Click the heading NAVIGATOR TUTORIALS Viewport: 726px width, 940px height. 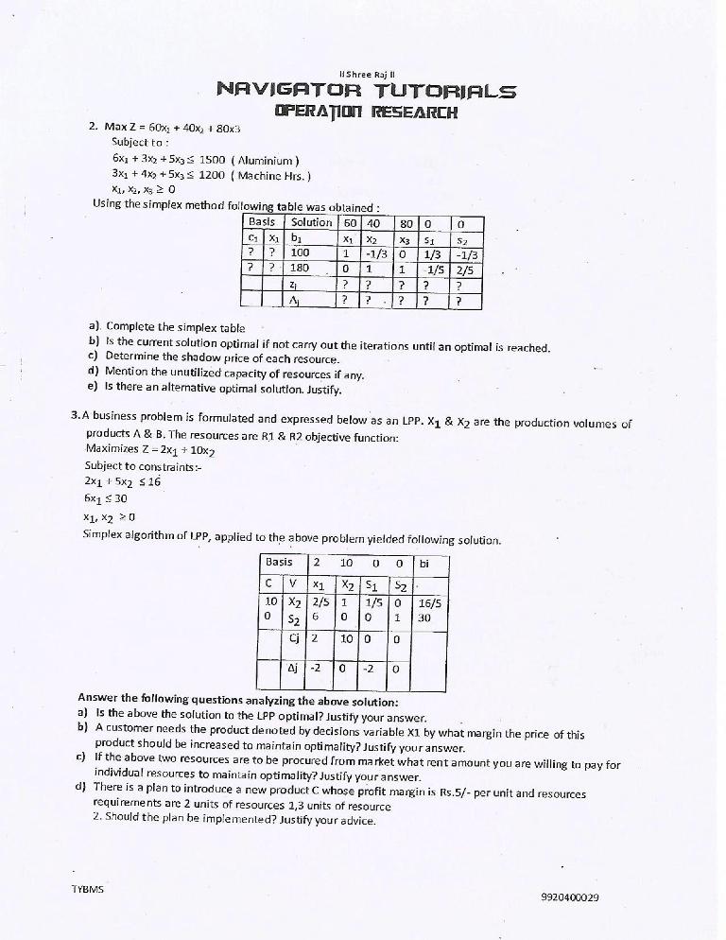[x=366, y=91]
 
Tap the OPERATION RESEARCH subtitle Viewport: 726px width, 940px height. [x=365, y=112]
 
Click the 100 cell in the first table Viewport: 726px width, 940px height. [x=300, y=252]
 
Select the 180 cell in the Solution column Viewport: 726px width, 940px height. [x=300, y=268]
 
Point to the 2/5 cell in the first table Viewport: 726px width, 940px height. [x=465, y=268]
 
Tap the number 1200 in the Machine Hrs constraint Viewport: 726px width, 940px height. [x=215, y=175]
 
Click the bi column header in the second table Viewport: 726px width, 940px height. [x=423, y=563]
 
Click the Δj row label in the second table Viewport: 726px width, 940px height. [x=294, y=670]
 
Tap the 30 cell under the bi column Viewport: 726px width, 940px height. [x=424, y=618]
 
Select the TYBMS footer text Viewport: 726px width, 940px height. [x=88, y=890]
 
